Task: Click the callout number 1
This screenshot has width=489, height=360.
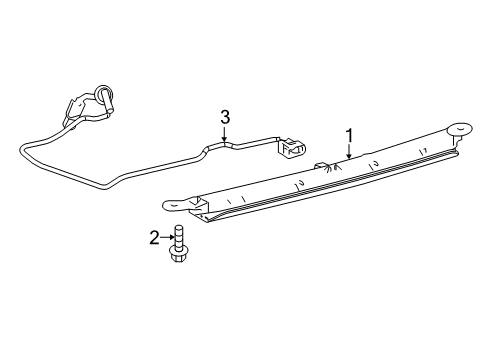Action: (349, 135)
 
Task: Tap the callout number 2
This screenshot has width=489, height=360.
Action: (154, 237)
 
